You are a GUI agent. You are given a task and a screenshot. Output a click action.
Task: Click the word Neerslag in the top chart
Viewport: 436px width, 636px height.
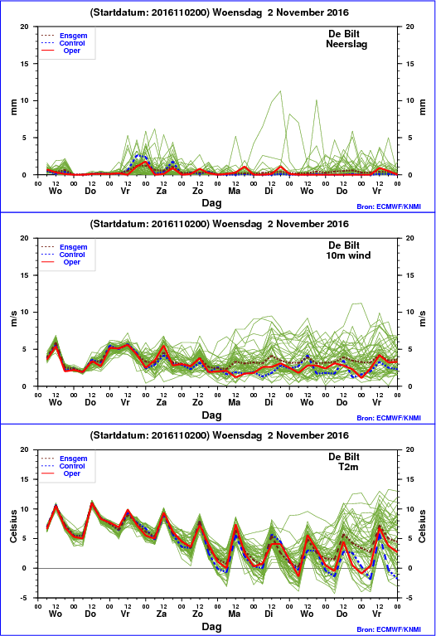pos(346,44)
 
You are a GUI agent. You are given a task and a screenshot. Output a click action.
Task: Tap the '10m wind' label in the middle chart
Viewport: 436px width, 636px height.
pos(348,255)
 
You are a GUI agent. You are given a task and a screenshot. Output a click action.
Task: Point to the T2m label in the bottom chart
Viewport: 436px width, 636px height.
pos(348,467)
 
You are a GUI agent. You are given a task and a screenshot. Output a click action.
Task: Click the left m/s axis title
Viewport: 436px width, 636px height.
pos(14,318)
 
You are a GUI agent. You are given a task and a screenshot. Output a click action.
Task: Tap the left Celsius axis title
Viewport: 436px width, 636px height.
pos(14,526)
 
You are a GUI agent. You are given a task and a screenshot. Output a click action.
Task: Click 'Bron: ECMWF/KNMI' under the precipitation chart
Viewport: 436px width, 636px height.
pos(389,206)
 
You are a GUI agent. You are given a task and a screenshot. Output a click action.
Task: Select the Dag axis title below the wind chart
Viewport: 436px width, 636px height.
pos(211,415)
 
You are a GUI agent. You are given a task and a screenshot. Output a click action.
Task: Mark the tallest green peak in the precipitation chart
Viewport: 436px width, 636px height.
pos(280,91)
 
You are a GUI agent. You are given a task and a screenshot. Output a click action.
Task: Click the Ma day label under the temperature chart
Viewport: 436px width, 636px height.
pos(234,614)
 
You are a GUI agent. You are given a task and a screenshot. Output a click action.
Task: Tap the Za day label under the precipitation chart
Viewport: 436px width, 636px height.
pos(162,191)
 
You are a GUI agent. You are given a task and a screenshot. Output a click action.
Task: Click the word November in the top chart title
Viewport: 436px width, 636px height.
pos(298,12)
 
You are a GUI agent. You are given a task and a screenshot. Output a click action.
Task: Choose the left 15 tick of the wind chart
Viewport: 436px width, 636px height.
pos(24,275)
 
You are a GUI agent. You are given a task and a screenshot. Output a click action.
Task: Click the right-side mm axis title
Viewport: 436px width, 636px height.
pos(423,107)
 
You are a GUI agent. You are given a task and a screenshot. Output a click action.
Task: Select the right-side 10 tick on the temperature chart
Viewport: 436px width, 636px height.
pos(410,509)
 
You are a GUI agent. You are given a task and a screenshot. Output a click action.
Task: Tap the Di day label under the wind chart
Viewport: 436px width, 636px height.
pos(269,402)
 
